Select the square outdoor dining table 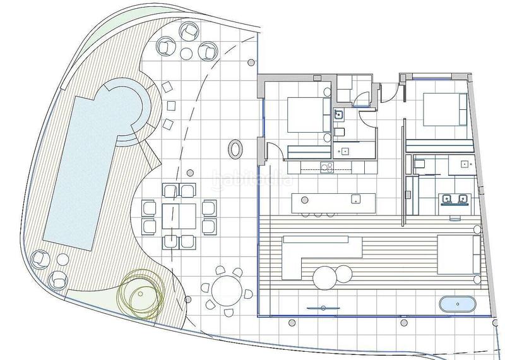[179, 216]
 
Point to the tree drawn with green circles [141, 293]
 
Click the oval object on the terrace [235, 149]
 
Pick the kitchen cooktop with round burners [327, 167]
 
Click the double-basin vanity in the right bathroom [454, 200]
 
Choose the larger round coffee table [325, 276]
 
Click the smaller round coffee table [344, 273]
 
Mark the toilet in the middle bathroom [339, 131]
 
